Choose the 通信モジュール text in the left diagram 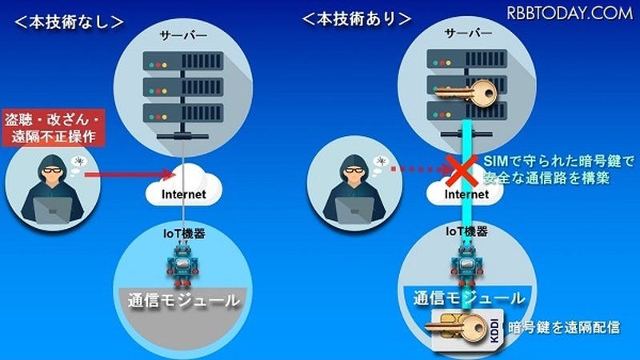[x=183, y=301]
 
